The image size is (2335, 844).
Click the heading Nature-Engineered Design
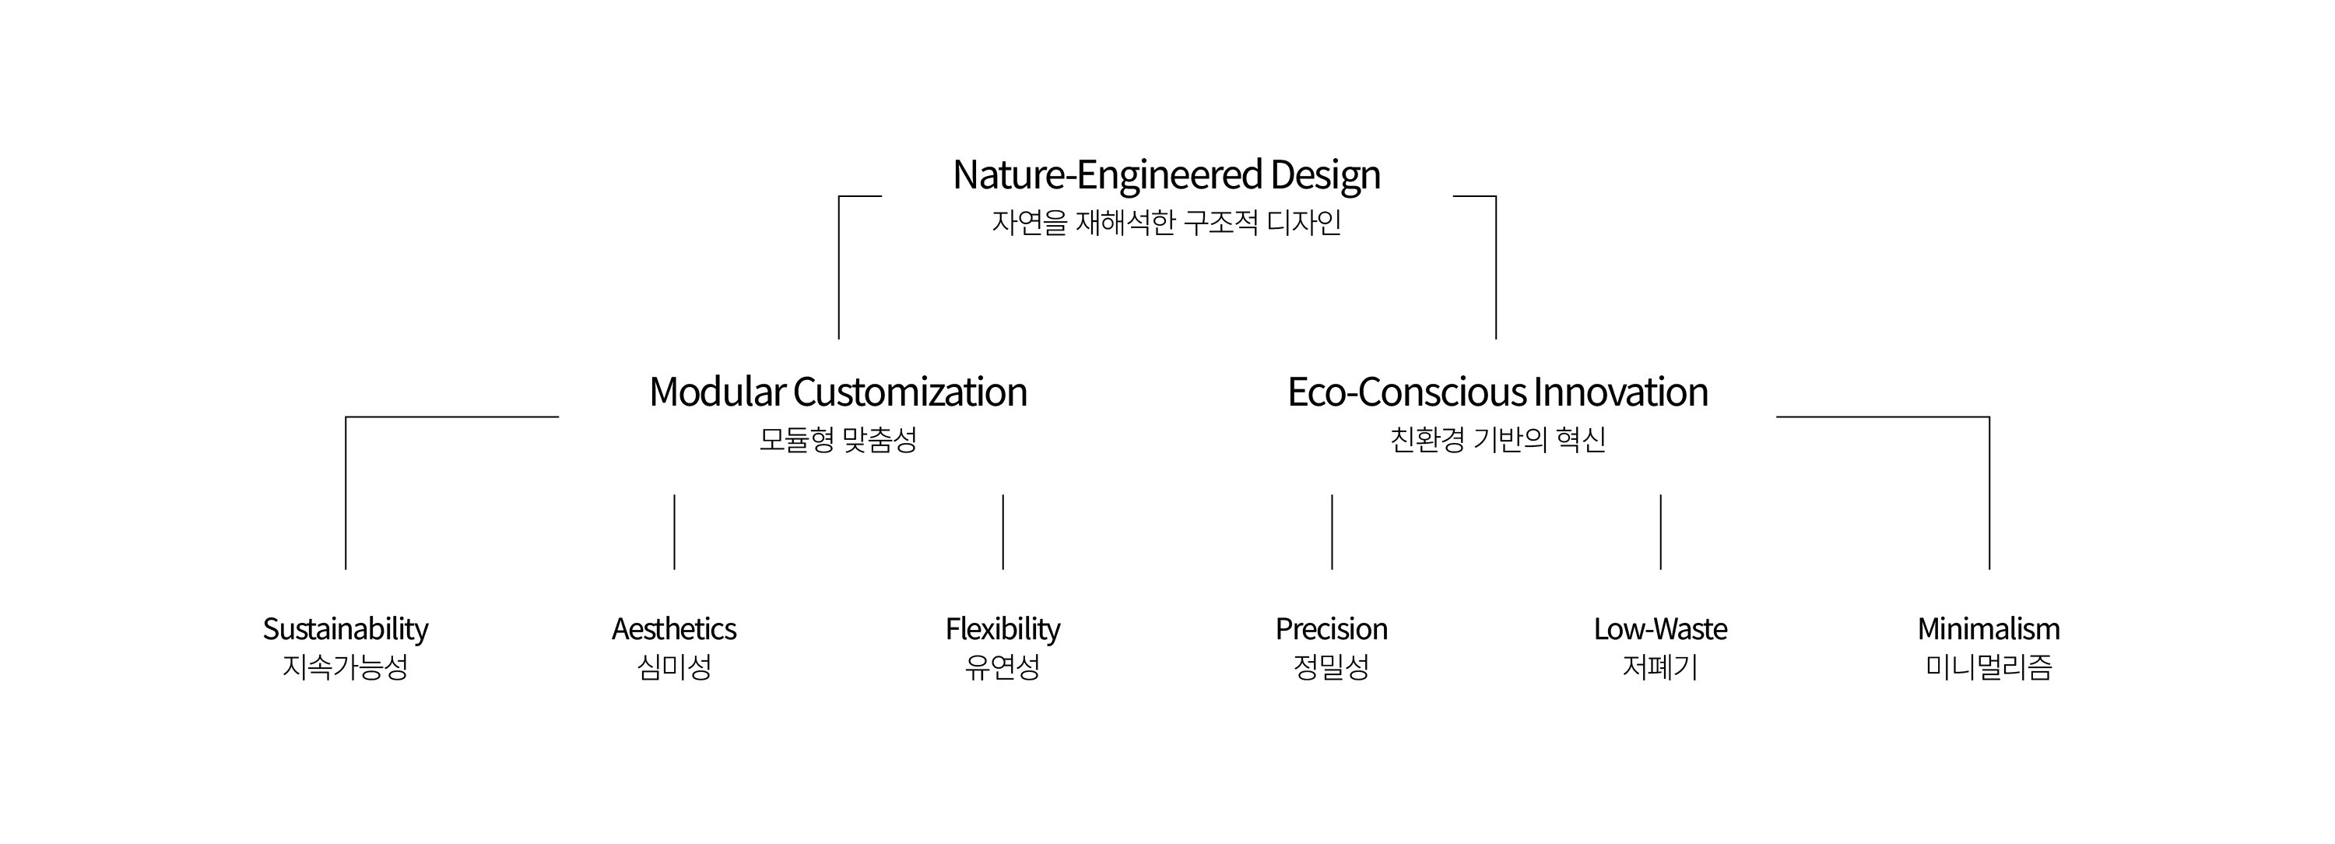1167,175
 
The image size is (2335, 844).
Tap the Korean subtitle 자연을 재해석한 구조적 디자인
1167,222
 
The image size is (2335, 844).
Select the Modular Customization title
838,392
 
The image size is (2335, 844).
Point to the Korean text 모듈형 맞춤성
838,440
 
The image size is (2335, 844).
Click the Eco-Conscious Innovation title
1498,392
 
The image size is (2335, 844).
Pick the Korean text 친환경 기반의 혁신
1498,440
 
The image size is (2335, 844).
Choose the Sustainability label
346,629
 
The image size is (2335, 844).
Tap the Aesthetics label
674,628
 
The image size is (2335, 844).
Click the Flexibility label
1002,629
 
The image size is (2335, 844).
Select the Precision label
1332,628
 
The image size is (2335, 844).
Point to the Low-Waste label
1661,628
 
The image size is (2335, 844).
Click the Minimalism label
1989,628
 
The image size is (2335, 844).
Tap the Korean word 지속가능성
346,667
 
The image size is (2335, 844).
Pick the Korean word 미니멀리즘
1989,667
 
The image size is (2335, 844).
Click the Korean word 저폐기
1661,667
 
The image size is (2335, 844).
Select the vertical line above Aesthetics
674,532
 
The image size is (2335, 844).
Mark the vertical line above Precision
1332,532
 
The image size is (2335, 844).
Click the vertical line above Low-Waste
1661,532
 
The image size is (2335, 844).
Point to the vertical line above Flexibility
1002,532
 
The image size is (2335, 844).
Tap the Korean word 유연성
1002,667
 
